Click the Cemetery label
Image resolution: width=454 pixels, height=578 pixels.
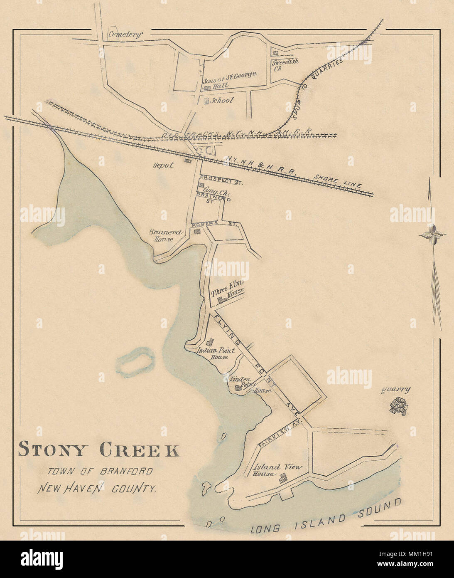click(x=125, y=35)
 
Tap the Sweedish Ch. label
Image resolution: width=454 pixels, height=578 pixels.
click(x=285, y=65)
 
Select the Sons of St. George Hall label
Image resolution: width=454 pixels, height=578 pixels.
click(x=229, y=80)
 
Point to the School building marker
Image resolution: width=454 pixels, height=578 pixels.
click(x=206, y=101)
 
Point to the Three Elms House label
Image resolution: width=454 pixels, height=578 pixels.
click(x=227, y=288)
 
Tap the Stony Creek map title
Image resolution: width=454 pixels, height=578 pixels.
click(x=99, y=450)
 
